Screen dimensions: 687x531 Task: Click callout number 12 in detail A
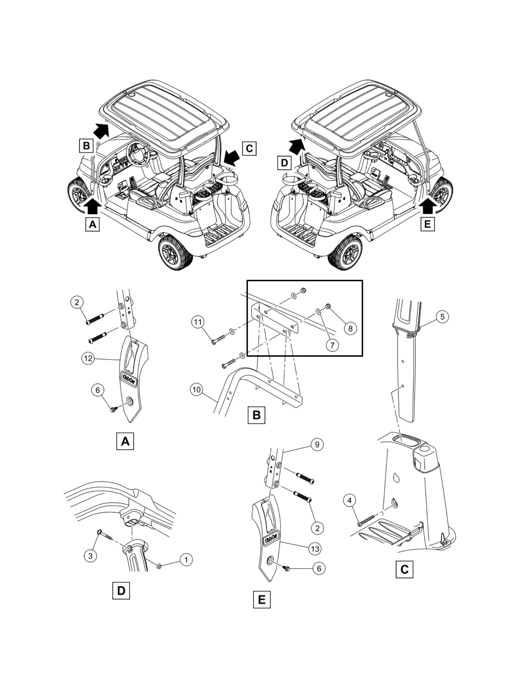(88, 358)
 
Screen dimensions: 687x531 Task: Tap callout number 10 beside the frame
(197, 390)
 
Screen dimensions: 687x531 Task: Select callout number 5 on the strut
(442, 317)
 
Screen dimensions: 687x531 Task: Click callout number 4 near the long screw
(350, 500)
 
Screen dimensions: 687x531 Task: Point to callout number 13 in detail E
(315, 549)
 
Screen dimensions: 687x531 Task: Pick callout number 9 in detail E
(317, 444)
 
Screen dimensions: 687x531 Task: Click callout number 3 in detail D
(90, 556)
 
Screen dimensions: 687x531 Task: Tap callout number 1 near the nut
(186, 560)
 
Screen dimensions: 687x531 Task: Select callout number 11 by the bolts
(198, 322)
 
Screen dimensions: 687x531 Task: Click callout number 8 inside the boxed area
(350, 328)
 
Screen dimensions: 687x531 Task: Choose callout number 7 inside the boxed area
(332, 345)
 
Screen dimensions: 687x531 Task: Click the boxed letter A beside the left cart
(93, 225)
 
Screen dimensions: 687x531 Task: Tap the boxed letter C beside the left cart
(249, 148)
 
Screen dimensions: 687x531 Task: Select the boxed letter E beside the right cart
(427, 224)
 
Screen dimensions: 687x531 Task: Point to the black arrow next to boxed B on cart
(102, 130)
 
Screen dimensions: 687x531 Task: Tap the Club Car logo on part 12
(129, 379)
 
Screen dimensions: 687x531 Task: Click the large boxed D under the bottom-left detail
(121, 590)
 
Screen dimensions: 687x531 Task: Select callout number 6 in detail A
(98, 390)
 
